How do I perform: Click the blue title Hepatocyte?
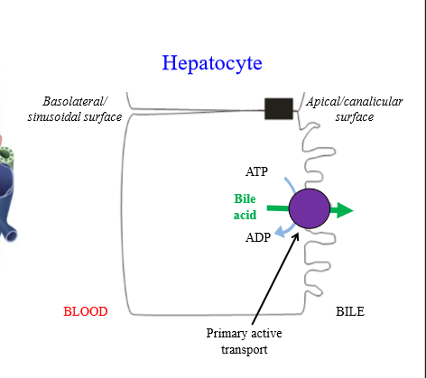[x=212, y=63]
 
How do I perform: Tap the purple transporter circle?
[x=310, y=209]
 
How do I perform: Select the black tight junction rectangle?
[x=278, y=108]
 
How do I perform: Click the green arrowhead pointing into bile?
[x=344, y=210]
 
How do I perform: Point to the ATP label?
[x=257, y=171]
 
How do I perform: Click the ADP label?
[x=258, y=238]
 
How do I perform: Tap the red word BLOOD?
[x=86, y=312]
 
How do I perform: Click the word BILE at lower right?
[x=351, y=312]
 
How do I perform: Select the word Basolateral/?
[x=80, y=101]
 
